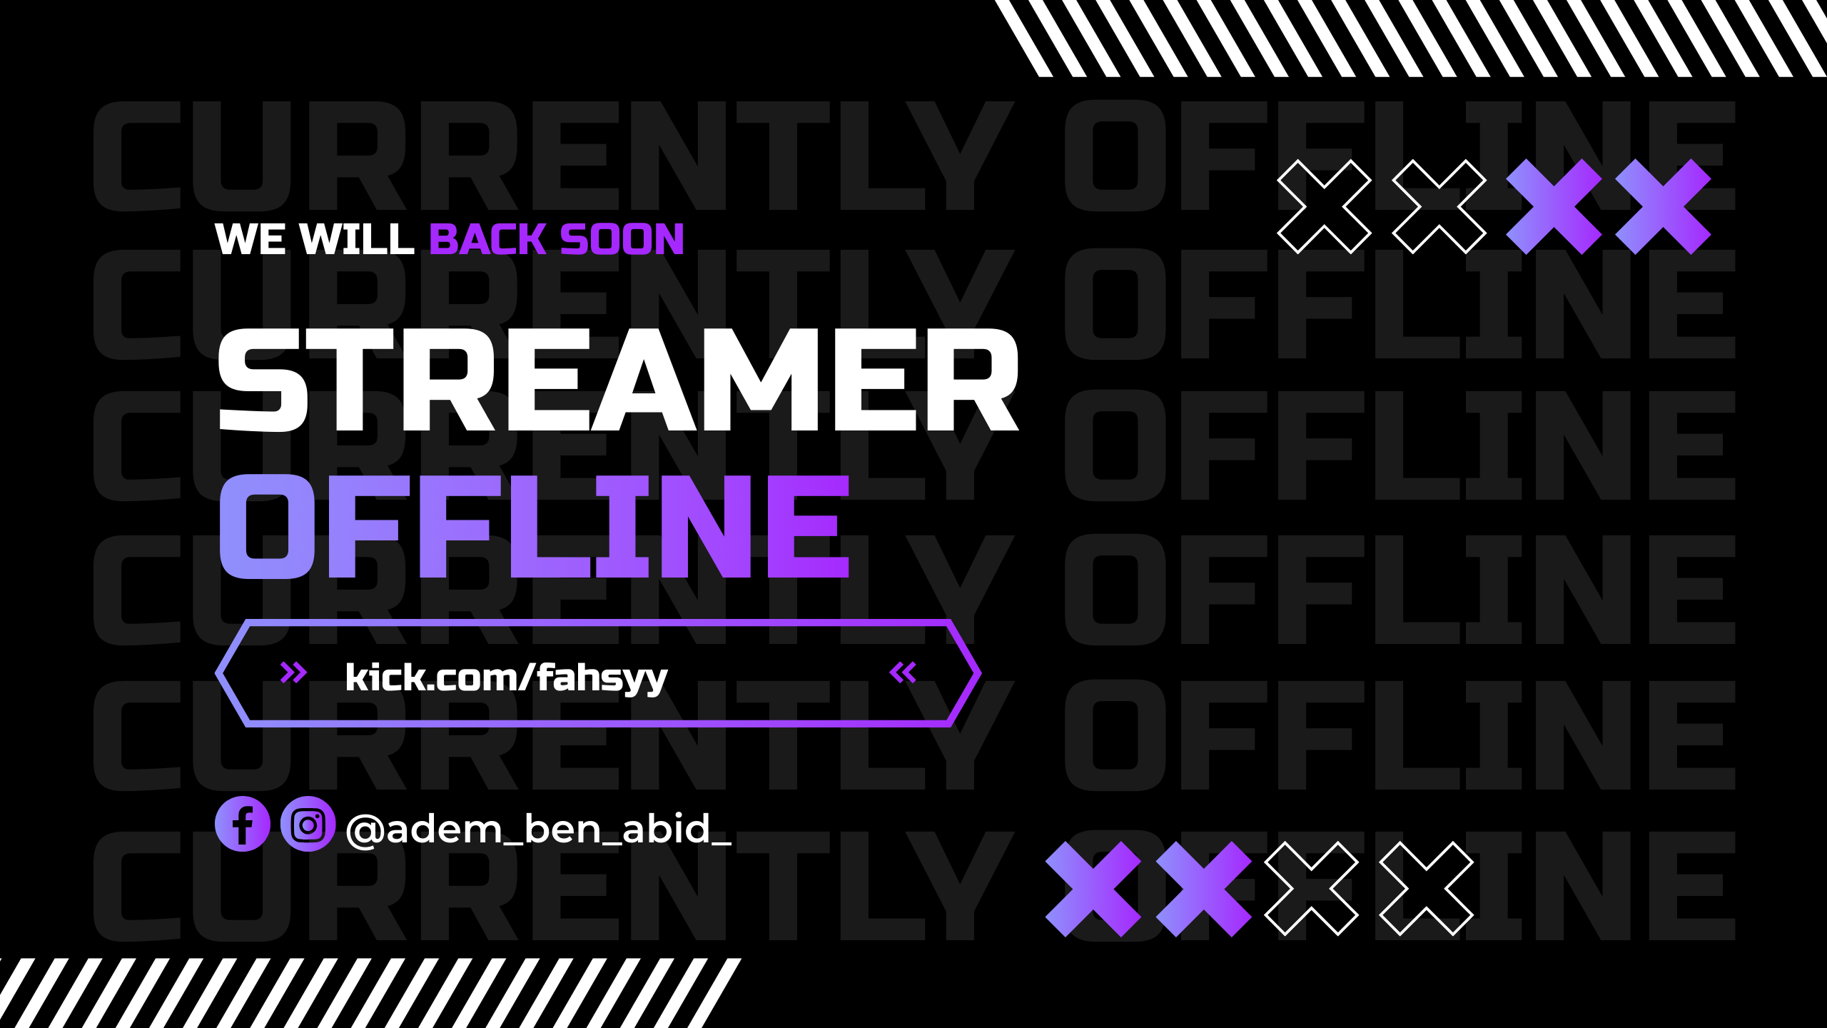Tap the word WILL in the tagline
[x=357, y=238]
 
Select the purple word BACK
[x=488, y=238]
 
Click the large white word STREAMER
[x=619, y=380]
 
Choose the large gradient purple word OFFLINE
[x=535, y=526]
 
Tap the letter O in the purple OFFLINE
[x=267, y=526]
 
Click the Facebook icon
[x=243, y=824]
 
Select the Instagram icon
[x=308, y=824]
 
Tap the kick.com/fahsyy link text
[x=507, y=677]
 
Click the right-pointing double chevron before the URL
[x=293, y=672]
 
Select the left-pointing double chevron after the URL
[x=903, y=672]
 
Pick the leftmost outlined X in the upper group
[x=1324, y=206]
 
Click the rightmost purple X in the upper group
[x=1663, y=206]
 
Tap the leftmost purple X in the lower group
[x=1093, y=889]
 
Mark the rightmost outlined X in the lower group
[x=1426, y=889]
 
